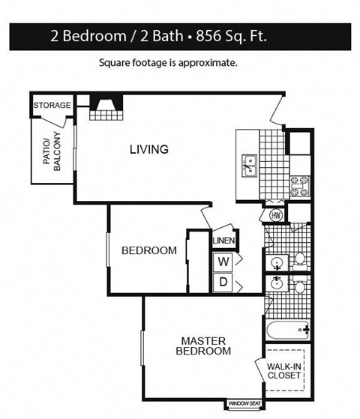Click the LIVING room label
(x=148, y=149)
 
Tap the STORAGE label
(x=52, y=106)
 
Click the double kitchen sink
(x=249, y=166)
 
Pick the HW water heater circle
(x=274, y=216)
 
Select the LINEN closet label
(x=224, y=241)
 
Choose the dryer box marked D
(x=223, y=282)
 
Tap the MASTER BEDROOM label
(x=202, y=346)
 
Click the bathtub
(x=286, y=329)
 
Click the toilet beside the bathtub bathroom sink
(x=299, y=286)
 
